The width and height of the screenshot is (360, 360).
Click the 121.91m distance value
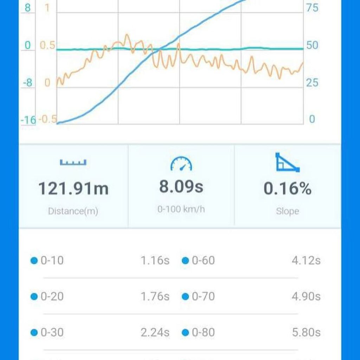pos(73,189)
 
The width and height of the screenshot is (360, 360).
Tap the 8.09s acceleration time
pos(181,186)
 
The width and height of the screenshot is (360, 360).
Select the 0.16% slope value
pos(287,189)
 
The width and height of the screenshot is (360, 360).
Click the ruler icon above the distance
pos(73,162)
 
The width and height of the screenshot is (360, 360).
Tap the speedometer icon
pos(181,164)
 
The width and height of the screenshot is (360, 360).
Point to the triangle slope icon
pos(287,162)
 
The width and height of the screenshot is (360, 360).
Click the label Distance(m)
pos(73,211)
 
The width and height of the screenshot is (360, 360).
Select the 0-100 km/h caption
pos(181,209)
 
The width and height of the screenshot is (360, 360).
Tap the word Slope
pos(287,211)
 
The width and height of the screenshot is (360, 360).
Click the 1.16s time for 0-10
pos(155,261)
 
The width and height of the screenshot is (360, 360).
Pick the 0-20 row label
pos(52,296)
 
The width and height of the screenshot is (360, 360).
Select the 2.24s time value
pos(155,332)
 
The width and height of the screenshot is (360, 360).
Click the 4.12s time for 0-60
pos(306,261)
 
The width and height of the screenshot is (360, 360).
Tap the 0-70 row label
pos(203,296)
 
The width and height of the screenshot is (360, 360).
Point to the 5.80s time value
pos(306,332)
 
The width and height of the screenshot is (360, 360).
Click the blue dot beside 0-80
pos(185,332)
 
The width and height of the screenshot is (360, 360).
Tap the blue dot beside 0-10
pos(34,261)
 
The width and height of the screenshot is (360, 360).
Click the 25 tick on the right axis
pos(312,83)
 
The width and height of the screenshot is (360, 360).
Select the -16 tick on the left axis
pos(28,120)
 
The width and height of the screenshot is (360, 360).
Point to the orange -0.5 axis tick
pos(47,119)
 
